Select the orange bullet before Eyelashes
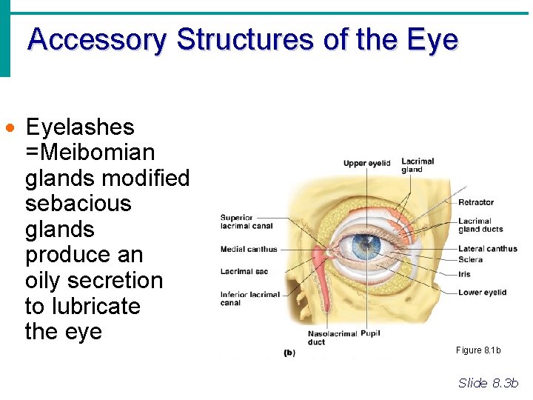click(x=10, y=128)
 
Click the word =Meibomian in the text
click(x=90, y=153)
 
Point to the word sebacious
click(x=78, y=204)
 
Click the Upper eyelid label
click(x=366, y=163)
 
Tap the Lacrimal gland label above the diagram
click(x=418, y=165)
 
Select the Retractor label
click(x=475, y=202)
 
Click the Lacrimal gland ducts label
click(x=480, y=225)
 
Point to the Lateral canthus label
click(x=487, y=249)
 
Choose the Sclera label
click(x=470, y=260)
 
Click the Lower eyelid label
click(x=482, y=293)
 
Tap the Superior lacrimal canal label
click(x=247, y=222)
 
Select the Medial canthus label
click(x=249, y=249)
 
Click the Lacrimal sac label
click(x=244, y=272)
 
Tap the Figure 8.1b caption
click(x=478, y=350)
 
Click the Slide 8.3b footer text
click(x=489, y=382)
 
